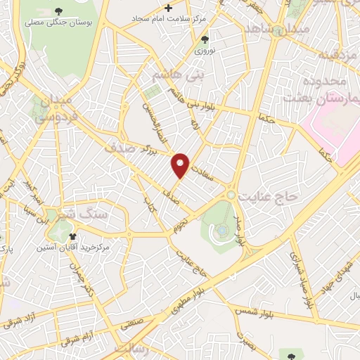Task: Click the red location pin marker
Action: point(181,165)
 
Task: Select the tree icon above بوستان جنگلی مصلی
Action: point(56,11)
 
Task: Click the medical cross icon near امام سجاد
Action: point(167,8)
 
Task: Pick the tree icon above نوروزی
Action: point(205,39)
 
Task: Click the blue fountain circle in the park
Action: point(221,229)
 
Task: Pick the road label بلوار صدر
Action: point(243,231)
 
